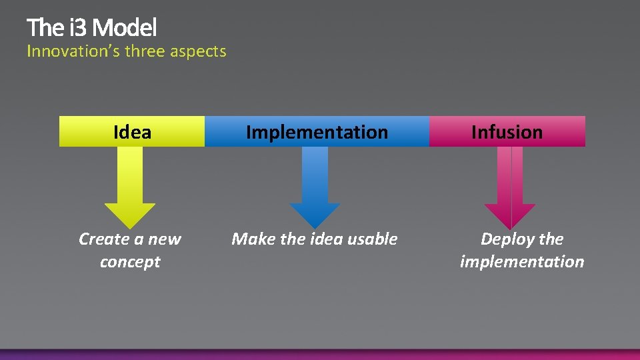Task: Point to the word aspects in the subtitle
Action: pyautogui.click(x=198, y=51)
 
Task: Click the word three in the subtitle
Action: pyautogui.click(x=145, y=51)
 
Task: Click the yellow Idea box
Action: pyautogui.click(x=132, y=131)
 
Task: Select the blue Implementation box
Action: pyautogui.click(x=317, y=131)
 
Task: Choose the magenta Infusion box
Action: pyautogui.click(x=507, y=131)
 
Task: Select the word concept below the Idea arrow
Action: pyautogui.click(x=130, y=261)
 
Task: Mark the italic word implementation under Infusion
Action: pyautogui.click(x=522, y=261)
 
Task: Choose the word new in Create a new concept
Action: pyautogui.click(x=164, y=239)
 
